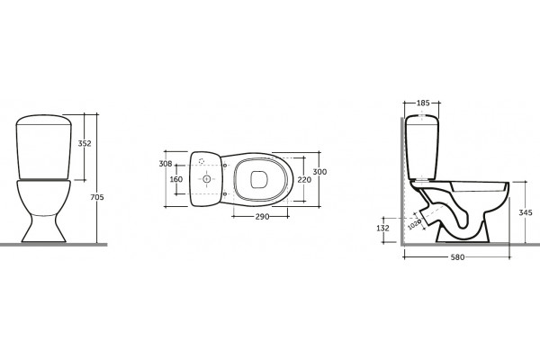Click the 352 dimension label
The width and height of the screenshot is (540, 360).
85,143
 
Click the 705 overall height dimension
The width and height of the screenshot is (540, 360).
97,197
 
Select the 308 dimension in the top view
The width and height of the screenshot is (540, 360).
166,164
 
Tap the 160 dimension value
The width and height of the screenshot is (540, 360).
176,179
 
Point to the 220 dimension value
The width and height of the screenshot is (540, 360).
304,179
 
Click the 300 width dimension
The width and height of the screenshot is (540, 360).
319,172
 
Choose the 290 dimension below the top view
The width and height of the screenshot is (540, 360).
263,217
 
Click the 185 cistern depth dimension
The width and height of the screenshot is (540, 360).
423,103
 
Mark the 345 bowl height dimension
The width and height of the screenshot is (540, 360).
526,212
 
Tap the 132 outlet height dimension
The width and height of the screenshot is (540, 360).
383,228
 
